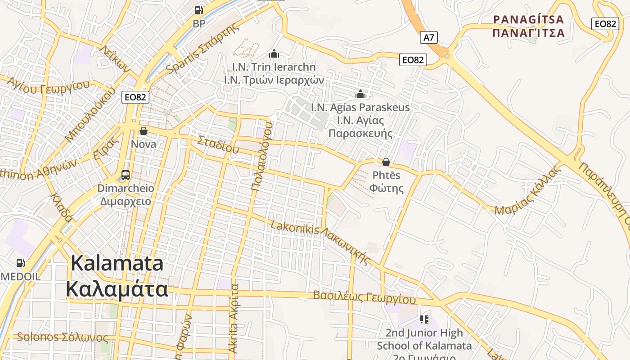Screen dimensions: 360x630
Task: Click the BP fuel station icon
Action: tap(198, 10)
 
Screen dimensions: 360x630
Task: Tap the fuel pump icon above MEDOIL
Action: tap(20, 263)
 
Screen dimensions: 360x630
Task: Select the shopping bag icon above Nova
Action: tap(144, 131)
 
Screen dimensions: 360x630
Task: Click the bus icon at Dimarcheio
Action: tap(126, 175)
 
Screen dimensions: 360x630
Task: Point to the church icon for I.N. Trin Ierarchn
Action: tap(274, 54)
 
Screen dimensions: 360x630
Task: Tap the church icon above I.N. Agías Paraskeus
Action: tap(360, 94)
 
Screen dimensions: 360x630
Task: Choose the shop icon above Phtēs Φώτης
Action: tap(386, 162)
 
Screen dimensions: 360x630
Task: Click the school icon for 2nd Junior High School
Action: tap(424, 319)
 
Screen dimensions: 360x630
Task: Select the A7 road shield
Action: tap(429, 37)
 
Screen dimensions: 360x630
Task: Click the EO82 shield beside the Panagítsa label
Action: tap(605, 24)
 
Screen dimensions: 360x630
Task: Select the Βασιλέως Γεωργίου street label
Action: tap(364, 297)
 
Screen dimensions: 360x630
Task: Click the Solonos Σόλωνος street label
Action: tap(62, 337)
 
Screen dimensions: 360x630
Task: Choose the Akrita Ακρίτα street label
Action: tap(234, 318)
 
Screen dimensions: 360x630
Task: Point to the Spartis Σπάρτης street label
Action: tap(202, 49)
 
